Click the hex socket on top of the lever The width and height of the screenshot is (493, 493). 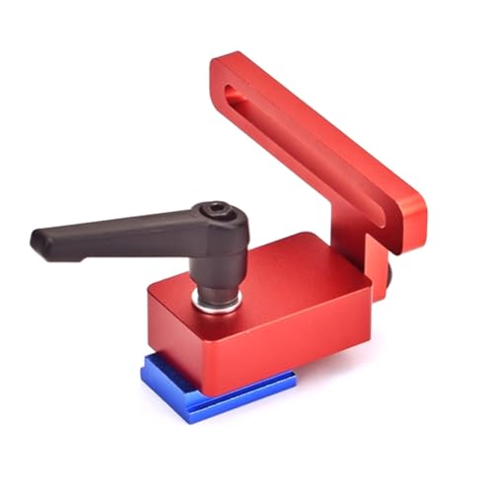click(214, 212)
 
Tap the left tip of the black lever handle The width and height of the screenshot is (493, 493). click(37, 240)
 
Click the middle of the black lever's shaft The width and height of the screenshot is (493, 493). click(118, 232)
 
